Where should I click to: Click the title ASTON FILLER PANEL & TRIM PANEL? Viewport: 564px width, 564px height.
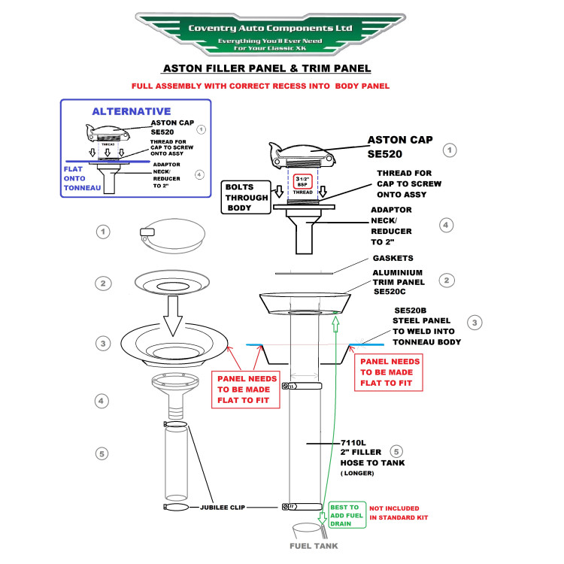point(267,68)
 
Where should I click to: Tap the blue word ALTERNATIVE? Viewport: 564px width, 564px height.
point(131,111)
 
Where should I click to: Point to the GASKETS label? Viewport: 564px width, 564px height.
point(393,258)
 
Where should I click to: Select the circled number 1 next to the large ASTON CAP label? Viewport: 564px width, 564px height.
point(450,150)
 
